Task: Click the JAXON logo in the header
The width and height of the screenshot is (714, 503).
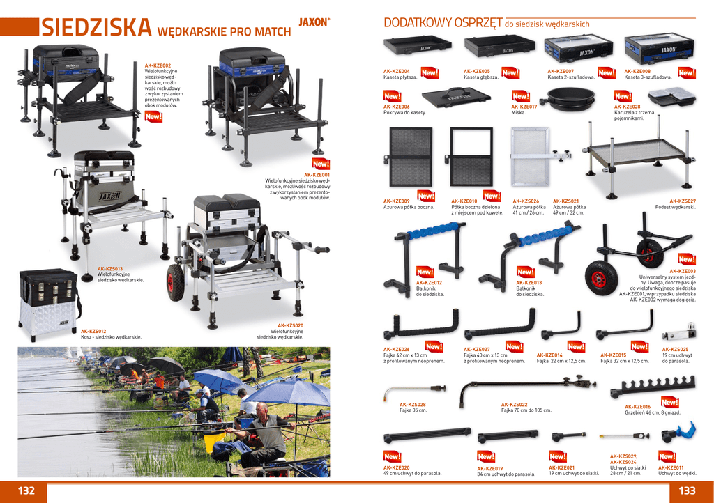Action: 314,22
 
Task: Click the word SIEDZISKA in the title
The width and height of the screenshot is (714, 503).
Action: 96,28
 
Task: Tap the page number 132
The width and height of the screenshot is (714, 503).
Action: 26,490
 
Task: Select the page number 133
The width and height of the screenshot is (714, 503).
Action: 687,490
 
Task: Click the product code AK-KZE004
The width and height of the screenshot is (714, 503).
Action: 397,72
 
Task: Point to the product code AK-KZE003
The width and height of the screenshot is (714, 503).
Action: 683,271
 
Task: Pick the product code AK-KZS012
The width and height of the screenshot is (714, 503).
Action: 93,332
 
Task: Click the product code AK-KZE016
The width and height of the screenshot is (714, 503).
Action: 637,407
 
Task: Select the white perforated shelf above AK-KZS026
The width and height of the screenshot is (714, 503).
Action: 531,166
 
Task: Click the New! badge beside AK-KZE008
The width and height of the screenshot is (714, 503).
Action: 687,72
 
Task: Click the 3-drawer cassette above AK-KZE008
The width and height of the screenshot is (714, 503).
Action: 659,49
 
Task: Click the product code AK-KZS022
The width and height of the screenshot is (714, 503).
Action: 514,404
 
